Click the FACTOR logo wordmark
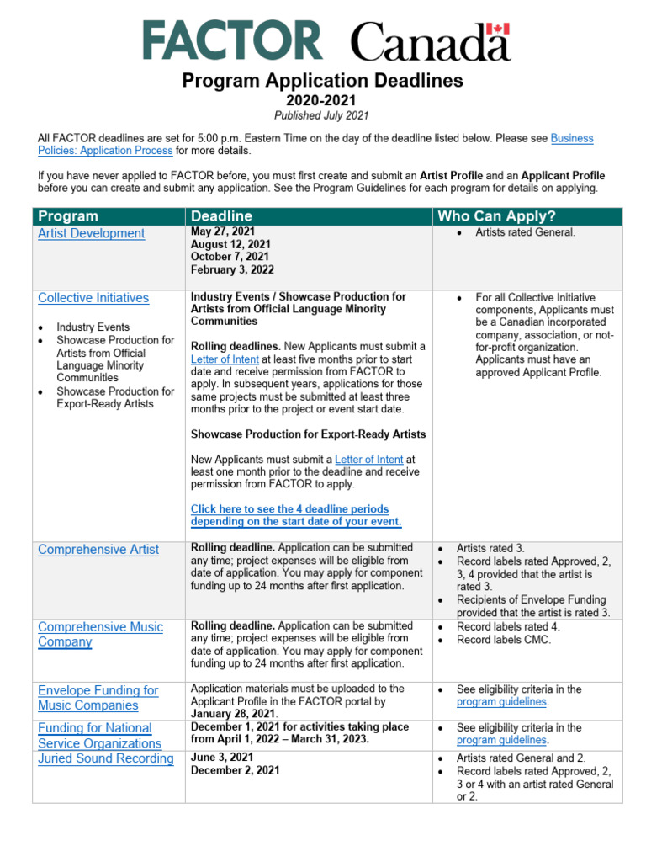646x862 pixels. [231, 40]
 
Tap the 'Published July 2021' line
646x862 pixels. [323, 115]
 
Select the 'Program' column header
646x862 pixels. [68, 216]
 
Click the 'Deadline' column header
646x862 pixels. [221, 216]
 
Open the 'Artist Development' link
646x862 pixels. [91, 233]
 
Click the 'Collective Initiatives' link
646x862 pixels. [93, 298]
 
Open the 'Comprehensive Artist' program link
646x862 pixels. [98, 550]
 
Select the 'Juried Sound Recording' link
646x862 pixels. [105, 758]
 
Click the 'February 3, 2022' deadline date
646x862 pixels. [232, 270]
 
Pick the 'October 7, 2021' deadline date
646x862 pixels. [230, 257]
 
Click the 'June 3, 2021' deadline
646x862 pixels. [221, 758]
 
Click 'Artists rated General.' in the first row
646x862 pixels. [525, 231]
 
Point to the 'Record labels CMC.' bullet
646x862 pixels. [504, 639]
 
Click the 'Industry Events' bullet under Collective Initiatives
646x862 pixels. [93, 327]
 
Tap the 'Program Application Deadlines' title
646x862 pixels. [323, 81]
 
